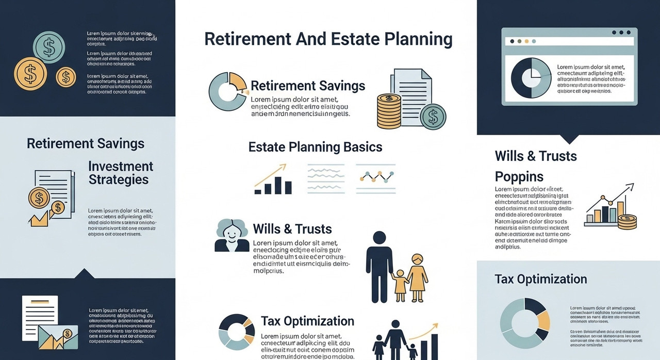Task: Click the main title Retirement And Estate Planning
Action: tap(328, 40)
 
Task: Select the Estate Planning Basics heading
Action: tap(315, 147)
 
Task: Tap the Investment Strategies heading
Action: tap(121, 173)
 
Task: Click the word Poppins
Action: tap(519, 177)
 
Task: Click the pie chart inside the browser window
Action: tap(531, 78)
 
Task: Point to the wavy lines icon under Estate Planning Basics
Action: tap(325, 178)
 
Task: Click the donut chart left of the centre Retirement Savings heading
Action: tap(227, 91)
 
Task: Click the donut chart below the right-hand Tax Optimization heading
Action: tap(525, 322)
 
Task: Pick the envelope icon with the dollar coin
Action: tap(58, 337)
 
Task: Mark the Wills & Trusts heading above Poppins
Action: tap(536, 156)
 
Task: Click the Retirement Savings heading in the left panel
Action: tap(86, 143)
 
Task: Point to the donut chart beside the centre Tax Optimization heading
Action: tap(237, 332)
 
